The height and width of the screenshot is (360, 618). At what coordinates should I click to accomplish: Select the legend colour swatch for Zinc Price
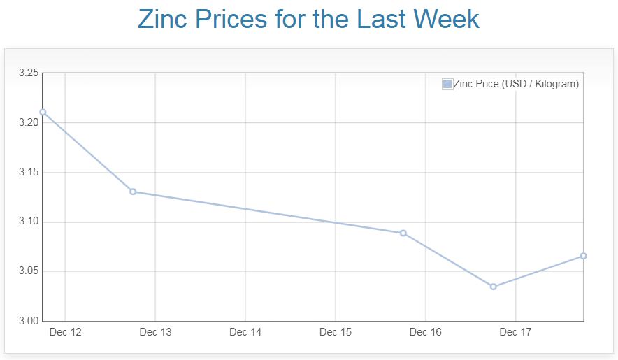pos(447,84)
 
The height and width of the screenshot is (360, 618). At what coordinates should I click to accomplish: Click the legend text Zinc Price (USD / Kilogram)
pos(516,84)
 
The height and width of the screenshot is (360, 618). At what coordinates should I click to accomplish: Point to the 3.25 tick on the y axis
pos(28,73)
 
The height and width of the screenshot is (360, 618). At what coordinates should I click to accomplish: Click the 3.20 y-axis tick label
pos(28,122)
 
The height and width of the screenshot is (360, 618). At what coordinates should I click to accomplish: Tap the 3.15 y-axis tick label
pos(28,172)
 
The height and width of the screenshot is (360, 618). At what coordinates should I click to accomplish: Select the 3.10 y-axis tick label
pos(28,222)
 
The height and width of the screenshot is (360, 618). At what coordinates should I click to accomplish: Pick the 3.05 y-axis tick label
pos(28,271)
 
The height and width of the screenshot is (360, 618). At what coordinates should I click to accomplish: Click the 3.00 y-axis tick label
pos(28,321)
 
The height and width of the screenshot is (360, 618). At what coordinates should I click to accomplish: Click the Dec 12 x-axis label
pos(65,332)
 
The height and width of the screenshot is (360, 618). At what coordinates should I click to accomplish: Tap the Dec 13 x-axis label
pos(155,332)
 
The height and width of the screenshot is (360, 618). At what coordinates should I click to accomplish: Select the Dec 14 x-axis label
pos(245,332)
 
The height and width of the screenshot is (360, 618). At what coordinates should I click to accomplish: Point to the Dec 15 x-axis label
pos(336,332)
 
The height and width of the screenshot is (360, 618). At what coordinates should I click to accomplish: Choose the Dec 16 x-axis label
pos(426,332)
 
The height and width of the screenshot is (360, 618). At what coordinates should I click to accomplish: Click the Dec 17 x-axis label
pos(515,332)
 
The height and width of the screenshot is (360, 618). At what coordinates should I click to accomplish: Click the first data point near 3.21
pos(43,112)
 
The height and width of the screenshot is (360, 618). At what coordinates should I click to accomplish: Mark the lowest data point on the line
pos(494,287)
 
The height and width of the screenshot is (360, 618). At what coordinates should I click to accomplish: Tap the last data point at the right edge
pos(583,256)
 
